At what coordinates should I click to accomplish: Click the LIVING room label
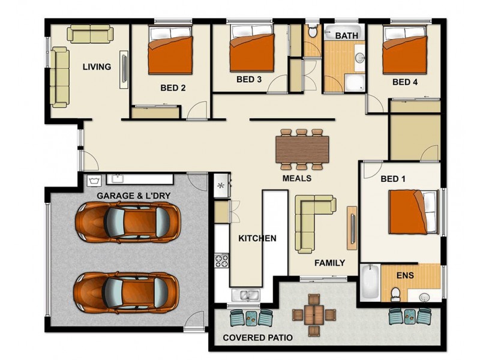[x=97, y=67]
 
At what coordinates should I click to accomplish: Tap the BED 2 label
[x=173, y=88]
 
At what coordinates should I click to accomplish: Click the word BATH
[x=346, y=36]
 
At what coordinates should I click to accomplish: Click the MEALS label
[x=297, y=178]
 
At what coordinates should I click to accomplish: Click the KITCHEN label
[x=257, y=238]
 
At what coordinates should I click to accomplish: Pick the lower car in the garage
[x=127, y=290]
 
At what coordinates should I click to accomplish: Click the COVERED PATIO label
[x=257, y=338]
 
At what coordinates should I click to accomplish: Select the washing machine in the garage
[x=94, y=179]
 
